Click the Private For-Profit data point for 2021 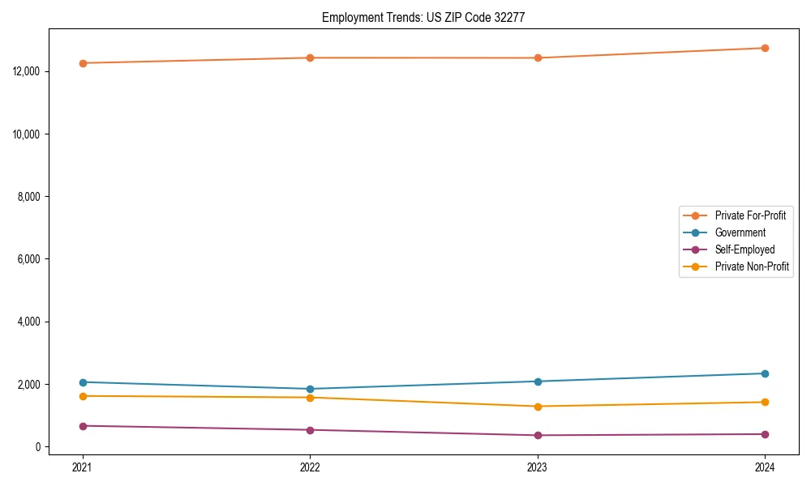click(83, 63)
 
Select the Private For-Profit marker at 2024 click(765, 48)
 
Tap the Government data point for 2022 click(310, 389)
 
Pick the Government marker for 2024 click(765, 373)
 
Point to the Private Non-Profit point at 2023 click(538, 407)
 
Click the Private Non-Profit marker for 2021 click(83, 396)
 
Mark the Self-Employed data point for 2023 click(538, 436)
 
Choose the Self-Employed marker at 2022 click(310, 430)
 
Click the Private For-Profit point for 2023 click(538, 58)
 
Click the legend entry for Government click(740, 232)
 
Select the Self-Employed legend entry click(744, 249)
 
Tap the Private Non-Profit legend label click(752, 266)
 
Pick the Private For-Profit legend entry click(749, 215)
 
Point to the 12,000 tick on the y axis click(28, 71)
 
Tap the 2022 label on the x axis click(310, 467)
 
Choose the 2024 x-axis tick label click(765, 467)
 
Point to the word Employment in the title click(347, 17)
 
